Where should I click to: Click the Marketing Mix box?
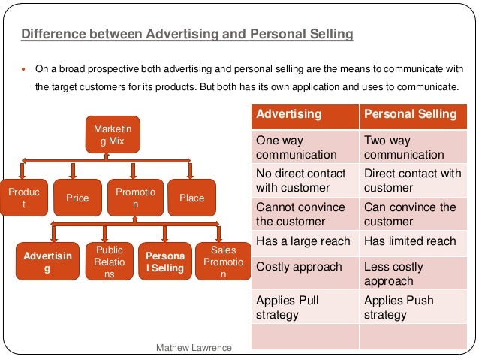(108, 135)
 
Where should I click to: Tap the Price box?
(77, 198)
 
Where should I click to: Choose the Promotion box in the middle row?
(135, 198)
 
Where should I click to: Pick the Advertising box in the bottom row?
(47, 262)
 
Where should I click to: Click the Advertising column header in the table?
(305, 115)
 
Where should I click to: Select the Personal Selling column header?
(412, 115)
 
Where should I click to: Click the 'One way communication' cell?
(305, 147)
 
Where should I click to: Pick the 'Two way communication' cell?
(412, 147)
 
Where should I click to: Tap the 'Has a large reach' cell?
(305, 241)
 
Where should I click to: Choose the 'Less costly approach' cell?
(412, 274)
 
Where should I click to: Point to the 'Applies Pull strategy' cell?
(305, 307)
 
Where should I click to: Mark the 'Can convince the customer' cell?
(412, 214)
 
